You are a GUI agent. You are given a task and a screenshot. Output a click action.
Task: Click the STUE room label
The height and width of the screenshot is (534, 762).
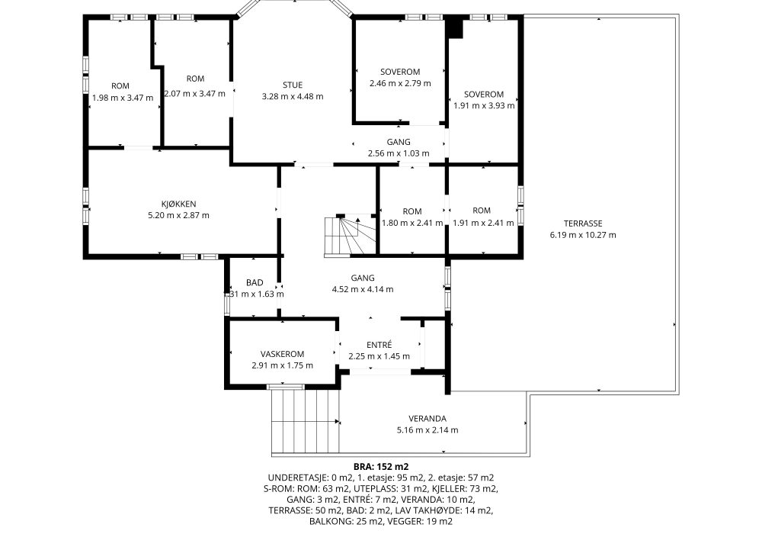coord(293,85)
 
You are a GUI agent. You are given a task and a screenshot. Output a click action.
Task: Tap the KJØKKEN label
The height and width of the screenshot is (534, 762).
coord(179,204)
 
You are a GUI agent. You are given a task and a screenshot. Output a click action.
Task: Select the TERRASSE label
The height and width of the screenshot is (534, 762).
coord(583,224)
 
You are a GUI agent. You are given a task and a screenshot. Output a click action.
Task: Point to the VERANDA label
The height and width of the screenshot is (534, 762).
coord(427,419)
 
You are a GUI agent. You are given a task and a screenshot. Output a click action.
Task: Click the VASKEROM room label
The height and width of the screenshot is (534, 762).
coord(283,354)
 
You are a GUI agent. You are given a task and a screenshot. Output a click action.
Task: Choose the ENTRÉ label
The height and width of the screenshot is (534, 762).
coord(379,345)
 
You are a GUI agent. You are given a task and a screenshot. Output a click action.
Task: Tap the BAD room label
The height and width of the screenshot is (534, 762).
coord(255,282)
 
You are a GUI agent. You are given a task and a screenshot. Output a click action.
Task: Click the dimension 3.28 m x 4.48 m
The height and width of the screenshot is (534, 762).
coord(293,96)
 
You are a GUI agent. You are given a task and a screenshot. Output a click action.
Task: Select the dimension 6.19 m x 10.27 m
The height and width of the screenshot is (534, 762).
coord(583,235)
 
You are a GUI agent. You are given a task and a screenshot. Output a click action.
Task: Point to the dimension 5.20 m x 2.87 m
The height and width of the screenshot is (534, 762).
coord(179,215)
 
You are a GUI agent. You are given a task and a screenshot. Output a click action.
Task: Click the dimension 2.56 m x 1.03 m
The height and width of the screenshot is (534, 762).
coord(399,153)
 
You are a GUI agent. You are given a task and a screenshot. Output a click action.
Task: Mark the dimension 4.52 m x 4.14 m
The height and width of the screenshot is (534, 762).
coord(363,289)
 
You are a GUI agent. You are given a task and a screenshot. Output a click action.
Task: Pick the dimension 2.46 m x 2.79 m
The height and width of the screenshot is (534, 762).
coord(400,83)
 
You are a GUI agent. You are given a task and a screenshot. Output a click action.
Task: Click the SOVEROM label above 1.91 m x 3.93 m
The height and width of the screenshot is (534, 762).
coord(484,95)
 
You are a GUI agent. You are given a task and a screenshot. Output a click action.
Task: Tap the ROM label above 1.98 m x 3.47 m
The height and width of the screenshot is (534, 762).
coord(120,86)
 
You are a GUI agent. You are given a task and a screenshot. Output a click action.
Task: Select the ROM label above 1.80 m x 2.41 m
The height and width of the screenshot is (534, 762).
coord(412,211)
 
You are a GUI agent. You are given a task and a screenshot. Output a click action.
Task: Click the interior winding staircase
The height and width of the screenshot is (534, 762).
coord(350,236)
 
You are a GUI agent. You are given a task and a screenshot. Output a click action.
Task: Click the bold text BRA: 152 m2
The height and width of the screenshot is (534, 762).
coord(381,467)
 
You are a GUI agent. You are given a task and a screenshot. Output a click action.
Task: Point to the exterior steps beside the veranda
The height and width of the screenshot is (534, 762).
coord(306,420)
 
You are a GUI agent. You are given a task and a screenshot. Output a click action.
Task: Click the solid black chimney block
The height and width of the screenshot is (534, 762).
coord(455,27)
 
